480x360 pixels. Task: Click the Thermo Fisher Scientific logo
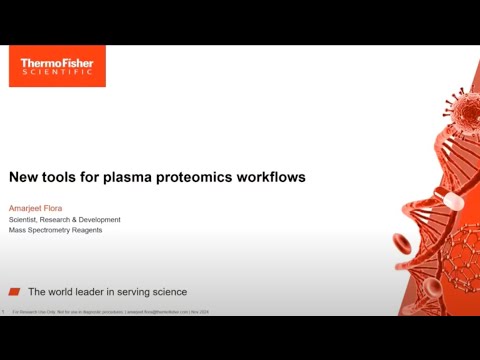click(57, 67)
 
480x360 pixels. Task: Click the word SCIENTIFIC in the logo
click(57, 75)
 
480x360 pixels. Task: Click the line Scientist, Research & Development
click(65, 220)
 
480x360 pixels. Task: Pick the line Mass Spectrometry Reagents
click(55, 231)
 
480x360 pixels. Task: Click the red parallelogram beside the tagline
click(14, 292)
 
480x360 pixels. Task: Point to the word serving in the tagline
click(128, 292)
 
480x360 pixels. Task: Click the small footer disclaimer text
click(120, 312)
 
